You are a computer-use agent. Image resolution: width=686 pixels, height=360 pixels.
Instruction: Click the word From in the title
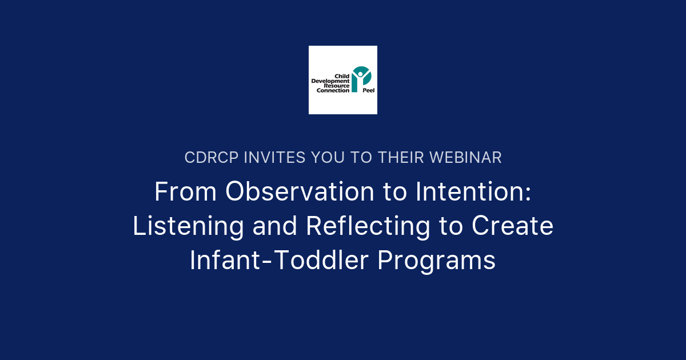click(185, 192)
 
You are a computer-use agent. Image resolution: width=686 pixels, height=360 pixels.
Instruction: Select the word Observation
click(298, 192)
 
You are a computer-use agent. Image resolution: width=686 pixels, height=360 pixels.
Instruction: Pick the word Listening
click(188, 226)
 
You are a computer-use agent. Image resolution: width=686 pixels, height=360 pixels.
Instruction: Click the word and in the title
click(274, 226)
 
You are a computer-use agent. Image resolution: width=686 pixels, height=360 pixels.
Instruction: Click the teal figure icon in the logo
click(361, 78)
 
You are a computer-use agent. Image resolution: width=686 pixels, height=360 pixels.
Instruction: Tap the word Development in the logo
click(330, 81)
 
